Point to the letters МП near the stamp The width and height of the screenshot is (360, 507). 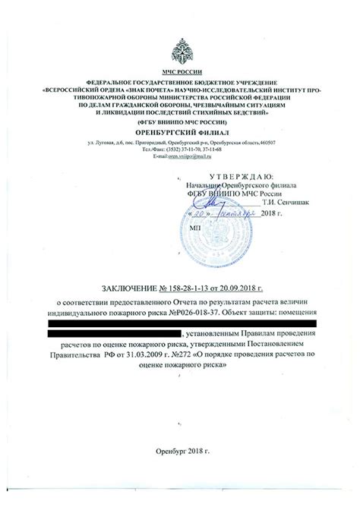point(194,227)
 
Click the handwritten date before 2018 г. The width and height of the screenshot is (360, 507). point(220,213)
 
